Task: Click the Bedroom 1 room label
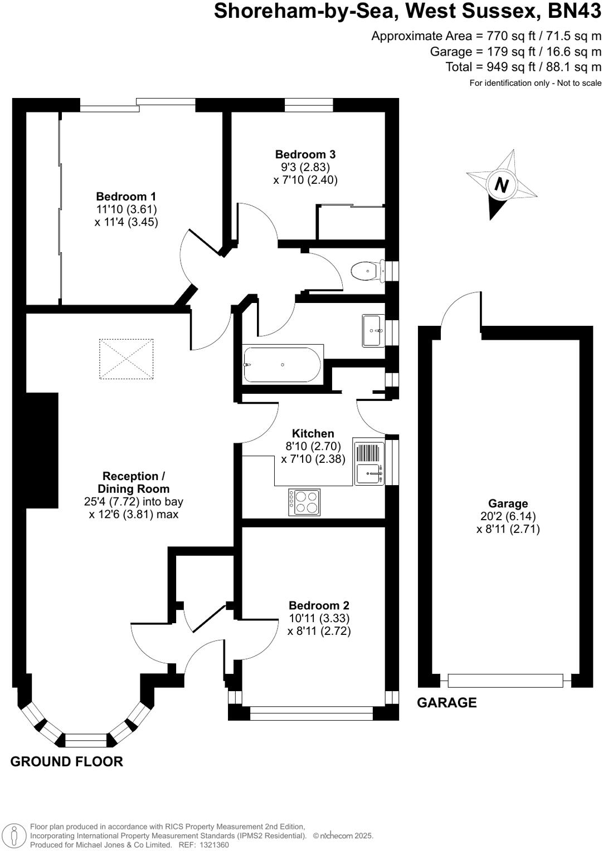click(126, 197)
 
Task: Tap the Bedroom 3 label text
click(305, 154)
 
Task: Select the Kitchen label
click(313, 434)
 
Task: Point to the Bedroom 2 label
click(319, 605)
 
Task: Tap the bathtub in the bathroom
click(282, 364)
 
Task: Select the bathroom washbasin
click(373, 330)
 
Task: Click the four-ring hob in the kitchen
click(304, 502)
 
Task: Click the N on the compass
click(502, 184)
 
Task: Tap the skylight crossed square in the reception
click(126, 359)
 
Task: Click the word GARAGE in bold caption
click(447, 703)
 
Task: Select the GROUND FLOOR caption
click(67, 761)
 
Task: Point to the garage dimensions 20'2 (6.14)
click(508, 516)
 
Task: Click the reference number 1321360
click(211, 845)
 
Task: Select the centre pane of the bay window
click(86, 740)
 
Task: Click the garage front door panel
click(505, 680)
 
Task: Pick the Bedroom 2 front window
click(311, 713)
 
